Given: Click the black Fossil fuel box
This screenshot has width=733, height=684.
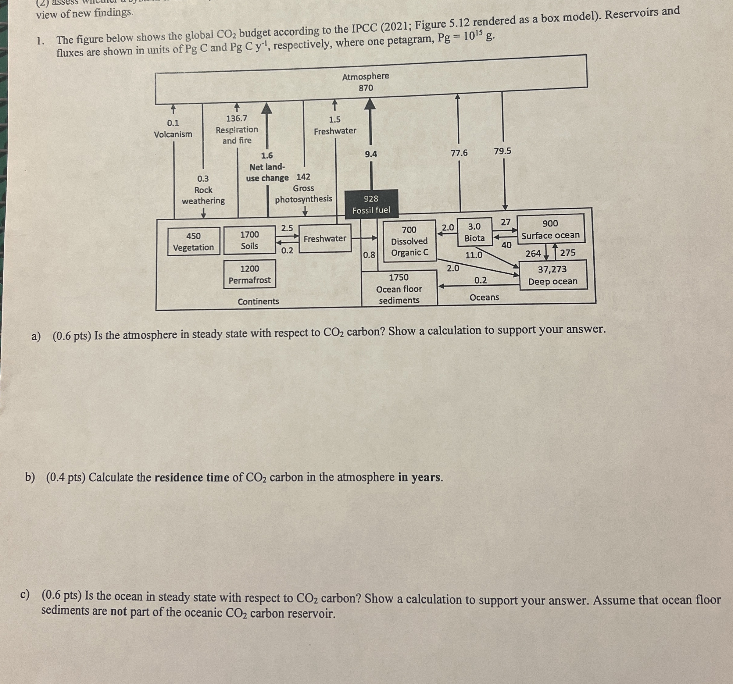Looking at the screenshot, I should click(x=371, y=204).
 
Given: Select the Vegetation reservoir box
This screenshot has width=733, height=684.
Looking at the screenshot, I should click(x=194, y=241).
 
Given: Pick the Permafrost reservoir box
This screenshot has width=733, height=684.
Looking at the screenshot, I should click(x=250, y=274).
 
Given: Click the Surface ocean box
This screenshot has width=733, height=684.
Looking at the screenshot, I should click(x=550, y=229).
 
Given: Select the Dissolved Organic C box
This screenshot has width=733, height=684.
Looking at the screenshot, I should click(x=409, y=241).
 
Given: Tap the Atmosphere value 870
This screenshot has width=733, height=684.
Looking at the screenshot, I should click(x=366, y=88).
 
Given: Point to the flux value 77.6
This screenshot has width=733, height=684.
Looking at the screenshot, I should click(x=459, y=153).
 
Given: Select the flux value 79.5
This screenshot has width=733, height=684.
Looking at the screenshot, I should click(x=502, y=151).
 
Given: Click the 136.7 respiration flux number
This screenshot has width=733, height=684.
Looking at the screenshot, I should click(x=237, y=118).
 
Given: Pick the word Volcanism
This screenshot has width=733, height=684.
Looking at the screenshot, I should click(x=173, y=134).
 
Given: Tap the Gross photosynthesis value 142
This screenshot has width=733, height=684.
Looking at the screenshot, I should click(x=303, y=177).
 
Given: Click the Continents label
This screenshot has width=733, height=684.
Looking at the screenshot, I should click(x=259, y=301).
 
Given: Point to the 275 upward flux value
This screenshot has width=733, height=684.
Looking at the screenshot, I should click(x=567, y=252).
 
